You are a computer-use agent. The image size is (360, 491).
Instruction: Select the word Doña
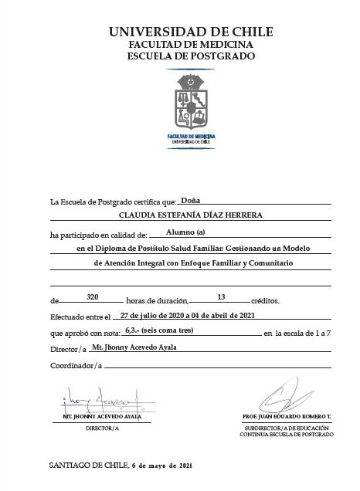pos(190,200)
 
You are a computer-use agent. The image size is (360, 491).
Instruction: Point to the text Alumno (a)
pos(185,232)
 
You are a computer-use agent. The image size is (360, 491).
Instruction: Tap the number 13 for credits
pos(221,296)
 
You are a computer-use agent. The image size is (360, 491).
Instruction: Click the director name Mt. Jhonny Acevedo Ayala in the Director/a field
pos(134,347)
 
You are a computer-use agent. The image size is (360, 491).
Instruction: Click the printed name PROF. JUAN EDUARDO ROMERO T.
pos(287,417)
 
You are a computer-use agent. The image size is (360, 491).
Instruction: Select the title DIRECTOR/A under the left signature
pos(103,428)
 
